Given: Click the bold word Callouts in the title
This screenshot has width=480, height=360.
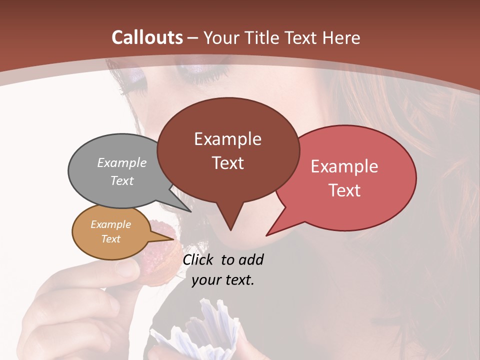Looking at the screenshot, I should click(147, 37).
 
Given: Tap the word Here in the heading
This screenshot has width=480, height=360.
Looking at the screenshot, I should click(341, 37).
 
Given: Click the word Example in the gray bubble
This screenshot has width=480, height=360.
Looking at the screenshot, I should click(122, 162).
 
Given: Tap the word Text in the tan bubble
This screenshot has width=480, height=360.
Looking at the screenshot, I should click(111, 239).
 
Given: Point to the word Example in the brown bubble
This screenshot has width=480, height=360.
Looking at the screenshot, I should click(227, 139).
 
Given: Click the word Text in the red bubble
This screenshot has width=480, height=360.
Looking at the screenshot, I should click(344, 190).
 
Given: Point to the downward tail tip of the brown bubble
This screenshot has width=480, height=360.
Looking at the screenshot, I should click(230, 229).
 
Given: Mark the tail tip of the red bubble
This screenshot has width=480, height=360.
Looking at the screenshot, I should click(267, 235).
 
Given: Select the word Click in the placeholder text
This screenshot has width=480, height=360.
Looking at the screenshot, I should click(199, 259).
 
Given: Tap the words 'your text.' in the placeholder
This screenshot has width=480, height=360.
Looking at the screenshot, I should click(223, 280).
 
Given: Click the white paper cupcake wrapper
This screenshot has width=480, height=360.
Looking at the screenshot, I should click(200, 330).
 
